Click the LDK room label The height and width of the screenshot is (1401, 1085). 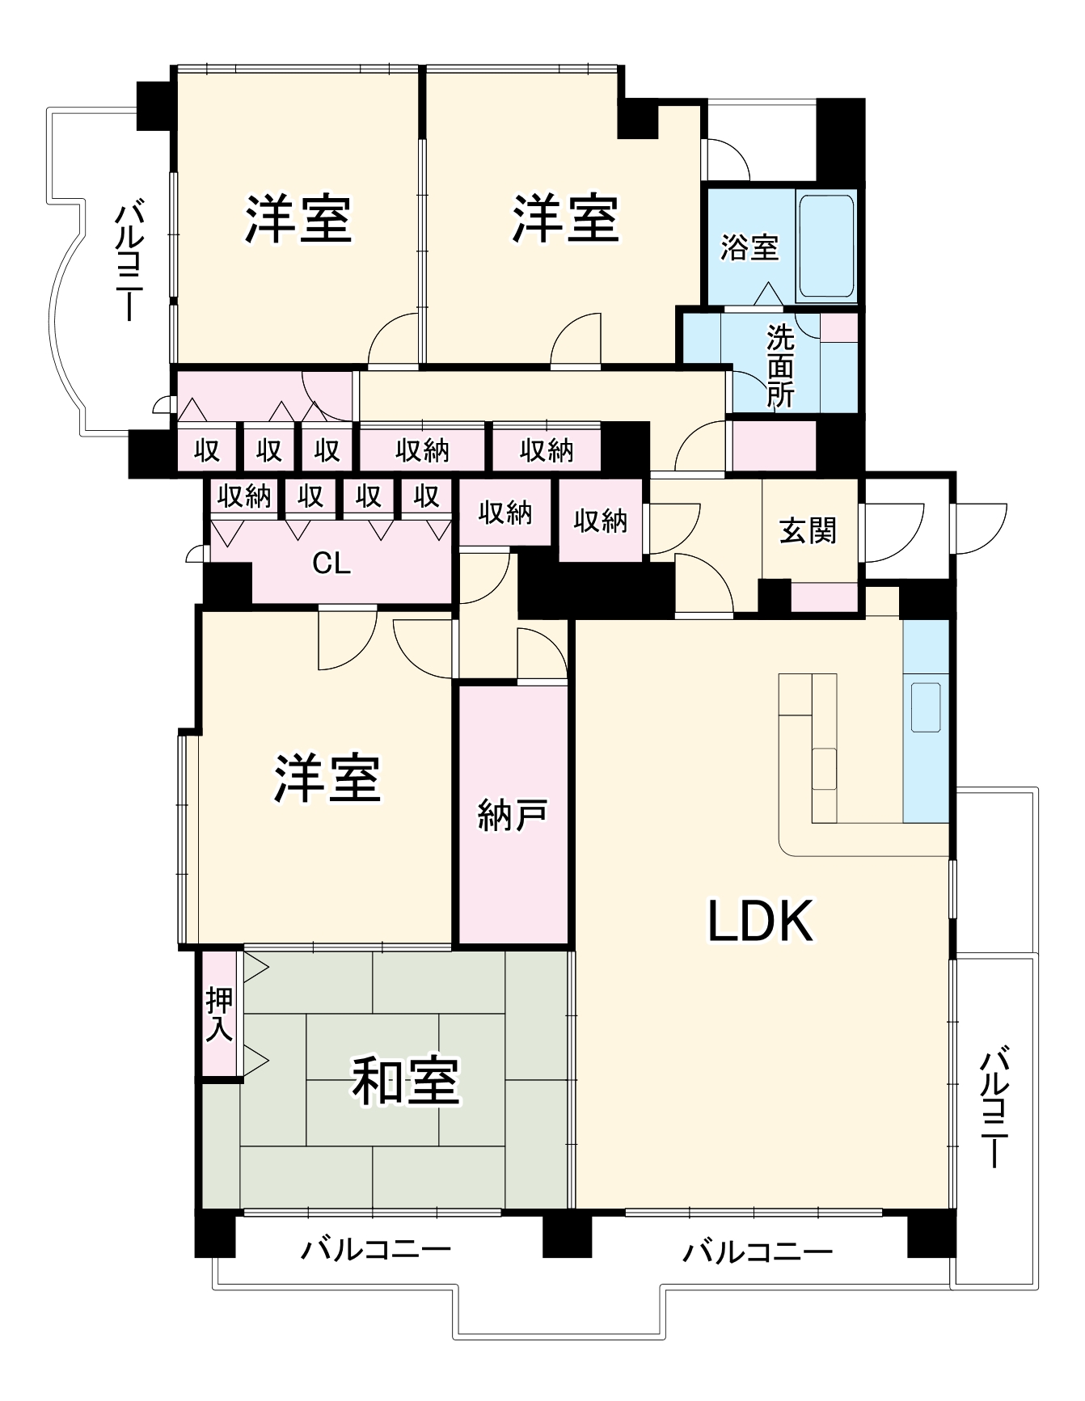tap(760, 921)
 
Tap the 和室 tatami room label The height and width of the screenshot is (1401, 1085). tap(406, 1081)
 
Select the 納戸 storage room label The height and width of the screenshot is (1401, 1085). tap(513, 815)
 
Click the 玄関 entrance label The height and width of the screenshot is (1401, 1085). tap(808, 530)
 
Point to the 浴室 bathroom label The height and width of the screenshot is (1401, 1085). tap(749, 247)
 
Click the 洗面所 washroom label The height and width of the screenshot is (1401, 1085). tap(781, 366)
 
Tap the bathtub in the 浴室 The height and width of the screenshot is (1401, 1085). tap(826, 246)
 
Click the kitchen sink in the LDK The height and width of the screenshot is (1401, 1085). tap(926, 707)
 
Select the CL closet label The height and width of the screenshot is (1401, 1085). tap(331, 563)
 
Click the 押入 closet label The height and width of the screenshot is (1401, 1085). tap(220, 1015)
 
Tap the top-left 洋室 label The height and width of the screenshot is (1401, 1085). tap(298, 218)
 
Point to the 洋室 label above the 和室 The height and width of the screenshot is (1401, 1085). tap(327, 778)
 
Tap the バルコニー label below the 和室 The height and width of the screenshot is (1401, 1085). tap(376, 1250)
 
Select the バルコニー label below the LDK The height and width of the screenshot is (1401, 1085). tap(758, 1252)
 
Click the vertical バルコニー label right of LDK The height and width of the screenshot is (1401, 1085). tap(995, 1108)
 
